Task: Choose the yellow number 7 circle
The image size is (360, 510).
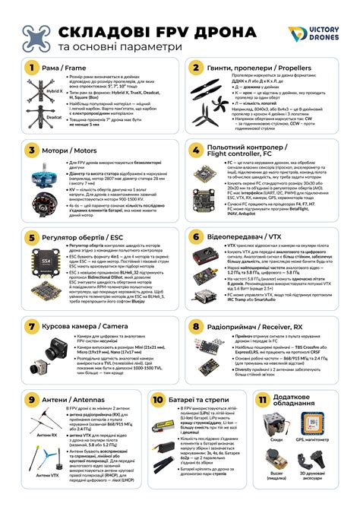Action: click(x=31, y=326)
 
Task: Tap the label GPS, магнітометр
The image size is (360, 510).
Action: click(x=330, y=439)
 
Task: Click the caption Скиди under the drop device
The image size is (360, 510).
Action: click(x=277, y=439)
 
